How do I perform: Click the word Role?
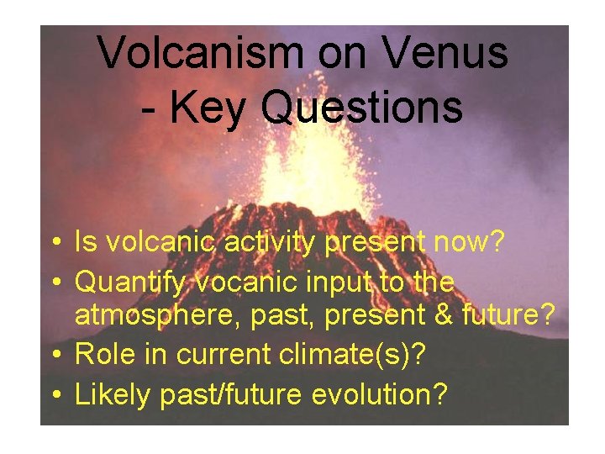[x=103, y=355]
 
